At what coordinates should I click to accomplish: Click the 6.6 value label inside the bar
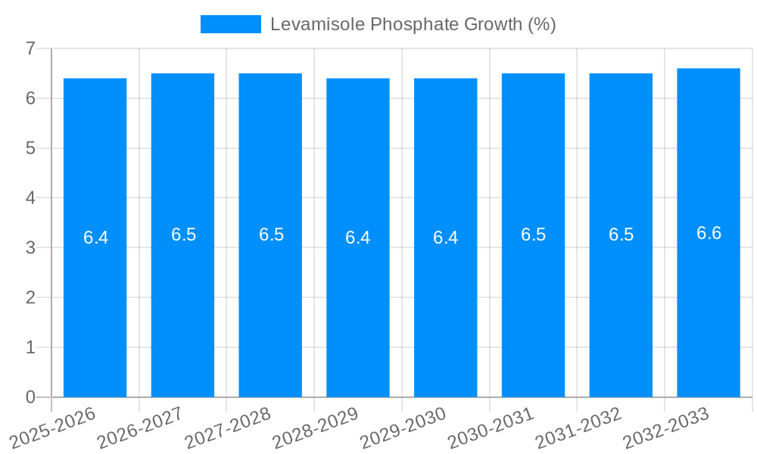709,233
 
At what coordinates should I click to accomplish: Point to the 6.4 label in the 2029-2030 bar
445,238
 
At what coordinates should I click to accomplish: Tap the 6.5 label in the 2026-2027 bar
183,235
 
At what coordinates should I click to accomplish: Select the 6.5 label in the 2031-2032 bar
621,235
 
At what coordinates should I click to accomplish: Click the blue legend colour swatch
230,24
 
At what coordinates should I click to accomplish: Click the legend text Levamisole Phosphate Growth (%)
413,24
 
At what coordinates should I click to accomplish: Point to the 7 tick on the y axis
30,48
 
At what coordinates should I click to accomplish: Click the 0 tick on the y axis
30,397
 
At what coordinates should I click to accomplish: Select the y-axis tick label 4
30,198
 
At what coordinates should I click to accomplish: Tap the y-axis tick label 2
30,297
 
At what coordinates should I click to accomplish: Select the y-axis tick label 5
30,148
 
